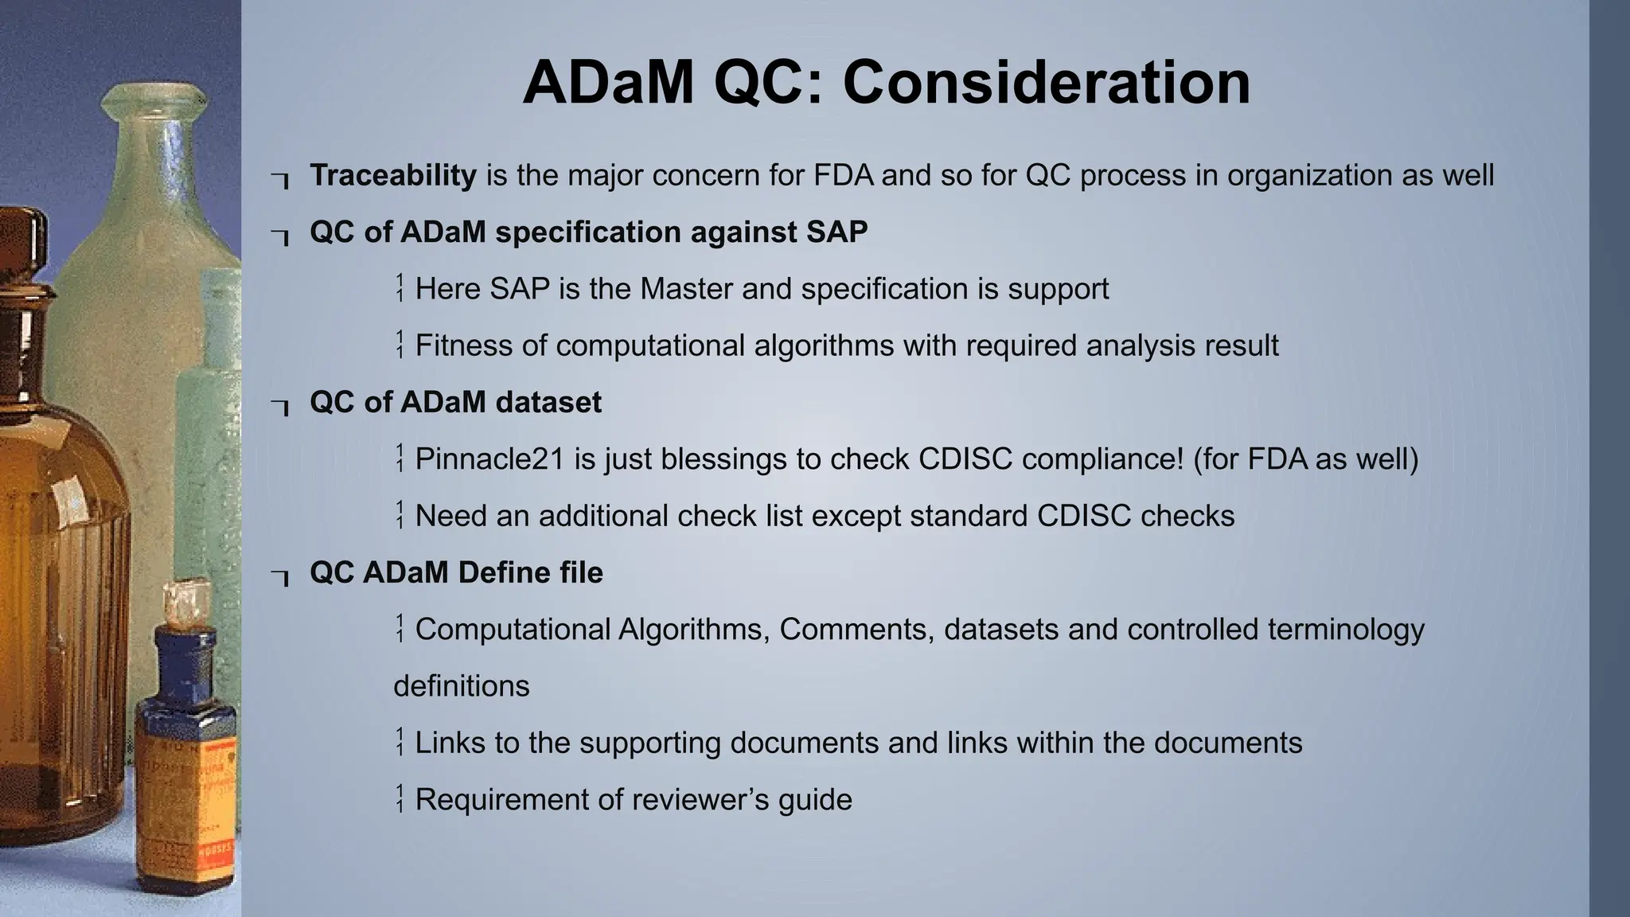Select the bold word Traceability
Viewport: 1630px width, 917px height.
[393, 175]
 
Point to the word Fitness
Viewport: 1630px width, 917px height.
[463, 345]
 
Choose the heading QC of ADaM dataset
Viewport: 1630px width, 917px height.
[455, 402]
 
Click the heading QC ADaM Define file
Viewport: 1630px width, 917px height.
[456, 572]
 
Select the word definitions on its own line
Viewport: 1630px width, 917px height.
[461, 686]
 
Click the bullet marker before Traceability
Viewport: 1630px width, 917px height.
[279, 179]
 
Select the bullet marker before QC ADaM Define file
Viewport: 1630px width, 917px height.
[279, 576]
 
